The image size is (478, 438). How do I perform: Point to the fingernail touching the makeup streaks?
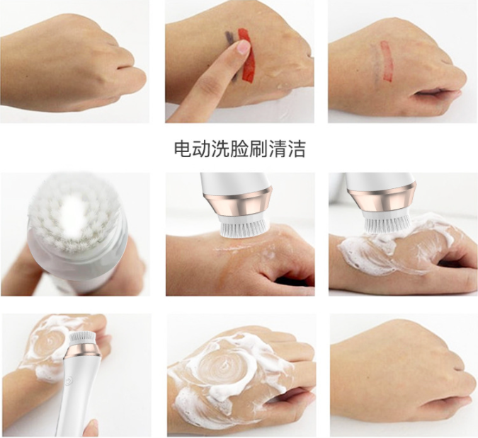(243, 47)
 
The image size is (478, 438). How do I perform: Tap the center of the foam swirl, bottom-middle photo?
(222, 368)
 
